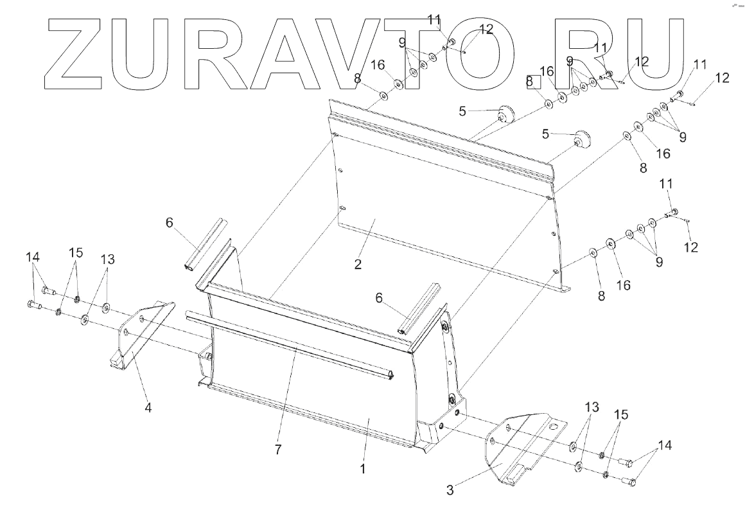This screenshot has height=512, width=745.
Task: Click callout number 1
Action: (363, 469)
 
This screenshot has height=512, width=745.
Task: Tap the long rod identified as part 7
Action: (289, 347)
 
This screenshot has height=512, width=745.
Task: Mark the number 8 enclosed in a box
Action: (530, 82)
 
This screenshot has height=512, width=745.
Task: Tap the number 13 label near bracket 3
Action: (592, 407)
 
